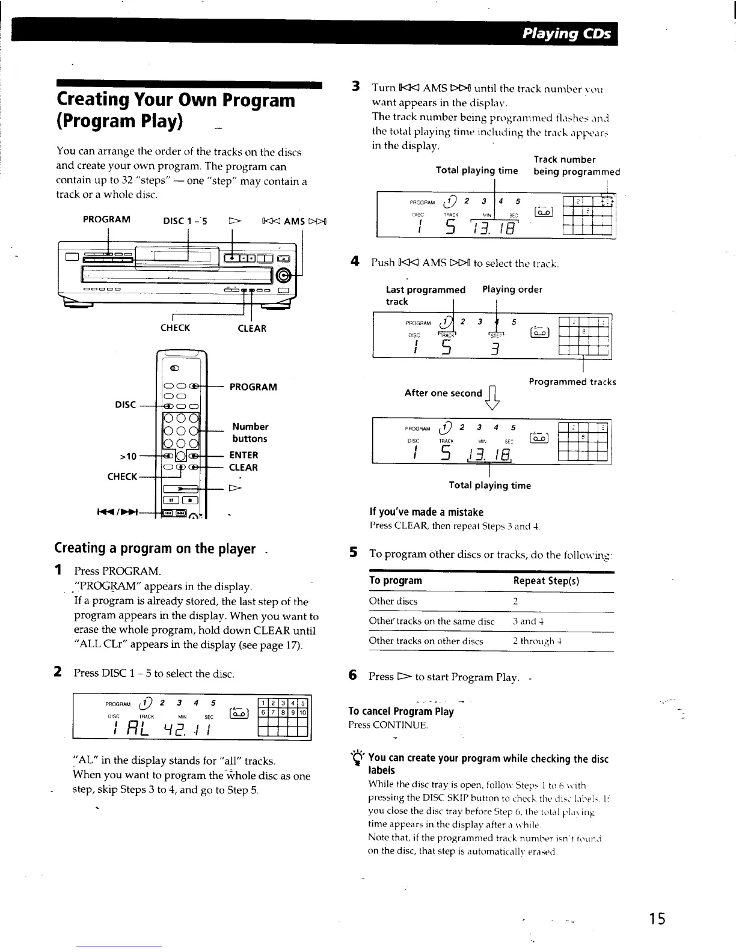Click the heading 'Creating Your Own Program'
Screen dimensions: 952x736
[x=176, y=100]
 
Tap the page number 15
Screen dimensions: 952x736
[x=657, y=918]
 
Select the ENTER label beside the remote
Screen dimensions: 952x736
[x=244, y=455]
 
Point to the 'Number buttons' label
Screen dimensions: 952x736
[x=250, y=433]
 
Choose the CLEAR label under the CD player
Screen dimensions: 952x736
[x=251, y=328]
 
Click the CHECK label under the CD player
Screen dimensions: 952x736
[x=175, y=328]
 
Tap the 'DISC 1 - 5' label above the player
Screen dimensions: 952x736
[x=185, y=220]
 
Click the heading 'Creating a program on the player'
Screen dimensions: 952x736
[x=155, y=548]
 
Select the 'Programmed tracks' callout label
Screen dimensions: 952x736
[x=572, y=382]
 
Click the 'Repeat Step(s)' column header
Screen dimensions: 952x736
[x=546, y=581]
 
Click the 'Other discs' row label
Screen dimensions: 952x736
[x=393, y=602]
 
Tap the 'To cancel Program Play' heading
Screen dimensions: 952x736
[x=401, y=712]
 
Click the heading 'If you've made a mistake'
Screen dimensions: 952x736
[x=426, y=512]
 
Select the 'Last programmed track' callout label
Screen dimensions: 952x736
[x=425, y=295]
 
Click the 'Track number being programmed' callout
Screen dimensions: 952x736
[x=576, y=165]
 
